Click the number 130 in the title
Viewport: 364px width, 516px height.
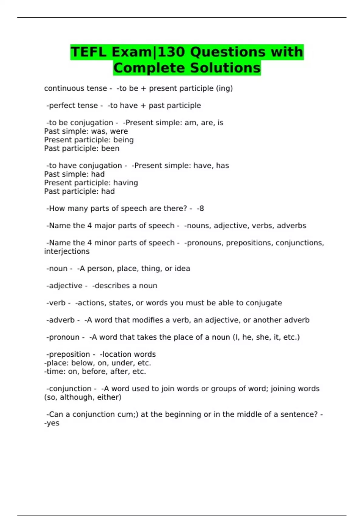[x=171, y=52]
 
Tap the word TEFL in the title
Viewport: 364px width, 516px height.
[x=89, y=52]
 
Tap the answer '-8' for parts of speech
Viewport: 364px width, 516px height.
[x=200, y=209]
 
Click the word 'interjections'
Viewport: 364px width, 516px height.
[x=67, y=251]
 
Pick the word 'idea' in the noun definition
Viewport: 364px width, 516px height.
[x=182, y=269]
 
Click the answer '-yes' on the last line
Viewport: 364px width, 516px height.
[x=52, y=423]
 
